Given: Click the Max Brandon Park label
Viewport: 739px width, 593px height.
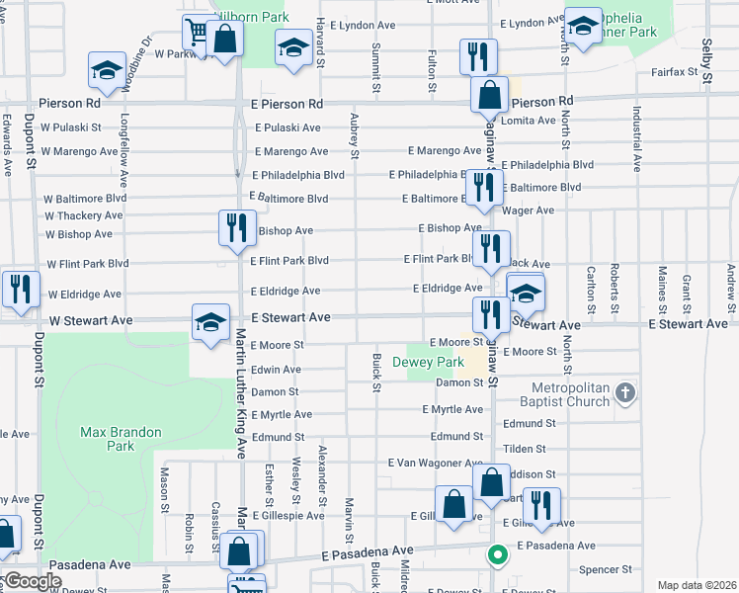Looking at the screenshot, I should (x=108, y=439).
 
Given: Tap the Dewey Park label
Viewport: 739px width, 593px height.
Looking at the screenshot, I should (x=435, y=362).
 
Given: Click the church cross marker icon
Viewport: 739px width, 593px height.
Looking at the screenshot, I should (x=623, y=394).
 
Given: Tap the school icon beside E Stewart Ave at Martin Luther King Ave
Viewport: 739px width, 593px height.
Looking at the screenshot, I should (x=209, y=321).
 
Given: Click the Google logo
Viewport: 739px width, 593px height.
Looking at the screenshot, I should (x=33, y=581).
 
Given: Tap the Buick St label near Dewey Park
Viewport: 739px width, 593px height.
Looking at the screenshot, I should (x=376, y=372).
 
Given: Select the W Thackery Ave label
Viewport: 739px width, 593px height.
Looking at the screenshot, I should (x=83, y=215).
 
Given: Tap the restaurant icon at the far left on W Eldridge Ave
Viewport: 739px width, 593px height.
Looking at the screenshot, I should (x=21, y=288).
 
